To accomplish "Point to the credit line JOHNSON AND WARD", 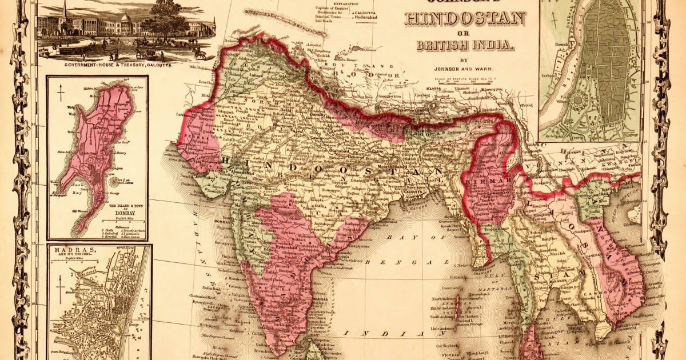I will [464, 67].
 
